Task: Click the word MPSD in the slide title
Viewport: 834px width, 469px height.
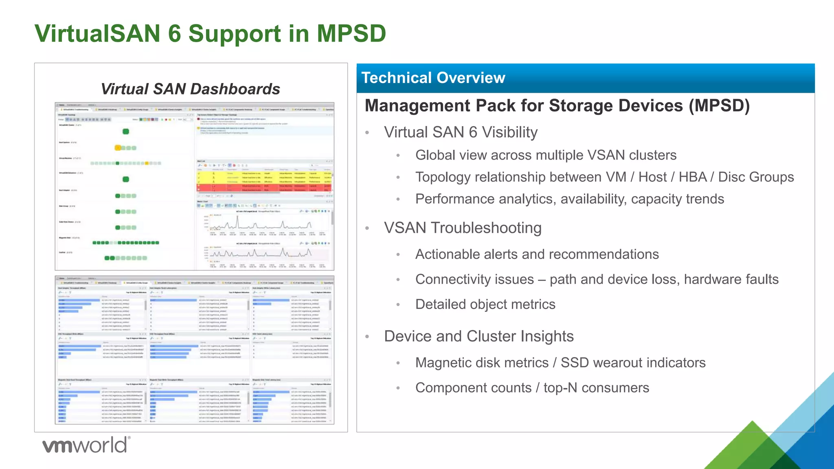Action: [351, 33]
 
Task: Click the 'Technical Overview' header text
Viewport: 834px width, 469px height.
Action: [433, 78]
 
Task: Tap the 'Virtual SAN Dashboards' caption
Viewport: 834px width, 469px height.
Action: [190, 89]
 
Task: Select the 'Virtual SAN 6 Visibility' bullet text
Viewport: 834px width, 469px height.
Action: [461, 132]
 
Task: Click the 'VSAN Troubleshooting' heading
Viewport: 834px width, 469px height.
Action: [463, 228]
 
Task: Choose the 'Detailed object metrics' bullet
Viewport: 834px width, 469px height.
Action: [485, 305]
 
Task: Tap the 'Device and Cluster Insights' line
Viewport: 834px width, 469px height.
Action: [478, 336]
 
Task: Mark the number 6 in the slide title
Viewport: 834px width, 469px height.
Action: [174, 33]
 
